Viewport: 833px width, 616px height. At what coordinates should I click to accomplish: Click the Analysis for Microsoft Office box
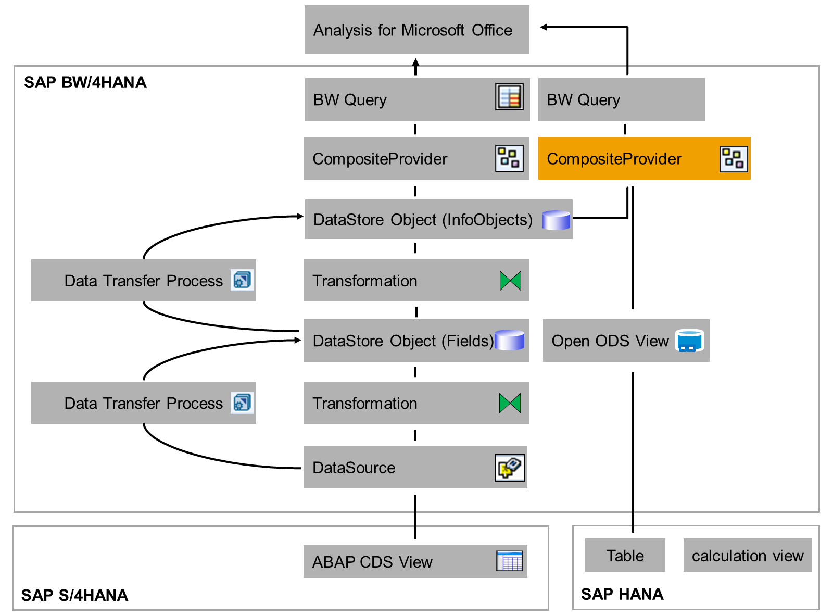tap(416, 30)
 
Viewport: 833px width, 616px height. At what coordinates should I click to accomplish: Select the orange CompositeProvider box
tap(643, 158)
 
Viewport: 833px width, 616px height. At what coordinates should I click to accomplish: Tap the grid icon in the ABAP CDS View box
tap(509, 560)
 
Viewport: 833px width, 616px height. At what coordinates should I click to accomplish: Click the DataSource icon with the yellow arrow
tap(509, 467)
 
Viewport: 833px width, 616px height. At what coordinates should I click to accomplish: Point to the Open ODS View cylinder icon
tap(689, 341)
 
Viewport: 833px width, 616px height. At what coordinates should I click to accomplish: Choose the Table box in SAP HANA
tap(625, 555)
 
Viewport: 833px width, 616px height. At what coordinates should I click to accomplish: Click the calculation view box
tap(747, 555)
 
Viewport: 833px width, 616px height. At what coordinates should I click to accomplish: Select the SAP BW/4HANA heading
tap(85, 82)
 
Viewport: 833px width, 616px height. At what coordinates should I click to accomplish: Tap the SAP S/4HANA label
tap(74, 595)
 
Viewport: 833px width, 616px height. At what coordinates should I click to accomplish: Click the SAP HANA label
tap(622, 594)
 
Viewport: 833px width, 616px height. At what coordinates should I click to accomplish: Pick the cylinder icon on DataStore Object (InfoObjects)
tap(556, 220)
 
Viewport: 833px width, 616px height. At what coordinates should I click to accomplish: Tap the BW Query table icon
tap(509, 96)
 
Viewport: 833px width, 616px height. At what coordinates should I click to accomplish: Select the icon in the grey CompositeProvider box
tap(509, 158)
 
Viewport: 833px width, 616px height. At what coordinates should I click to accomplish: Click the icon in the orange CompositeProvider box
tap(733, 159)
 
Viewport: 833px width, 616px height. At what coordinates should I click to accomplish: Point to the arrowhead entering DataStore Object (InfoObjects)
tap(300, 216)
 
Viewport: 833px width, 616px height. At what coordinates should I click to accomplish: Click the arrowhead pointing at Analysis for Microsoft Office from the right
tap(544, 27)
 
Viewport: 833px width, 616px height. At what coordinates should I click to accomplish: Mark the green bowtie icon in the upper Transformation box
tap(510, 281)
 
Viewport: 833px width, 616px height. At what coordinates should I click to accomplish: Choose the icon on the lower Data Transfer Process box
tap(242, 403)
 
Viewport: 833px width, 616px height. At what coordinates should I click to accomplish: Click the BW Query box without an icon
tap(621, 99)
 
